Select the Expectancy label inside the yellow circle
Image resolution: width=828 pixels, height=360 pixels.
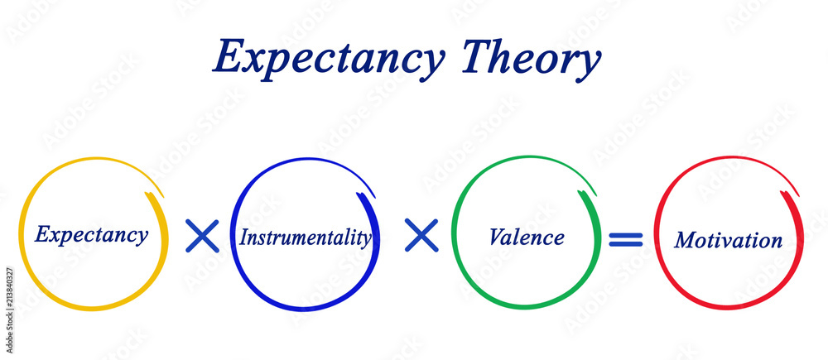pos(91,234)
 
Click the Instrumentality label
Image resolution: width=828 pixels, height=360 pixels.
pos(305,238)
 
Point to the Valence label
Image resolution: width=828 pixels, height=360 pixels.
pos(527,238)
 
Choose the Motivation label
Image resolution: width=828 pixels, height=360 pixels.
pos(728,240)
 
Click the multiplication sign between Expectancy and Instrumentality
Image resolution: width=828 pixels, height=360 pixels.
pos(201,237)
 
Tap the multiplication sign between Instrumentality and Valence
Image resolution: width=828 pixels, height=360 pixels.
pos(421,237)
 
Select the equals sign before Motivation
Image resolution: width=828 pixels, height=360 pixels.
pos(626,239)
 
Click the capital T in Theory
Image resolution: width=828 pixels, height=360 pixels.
pos(479,56)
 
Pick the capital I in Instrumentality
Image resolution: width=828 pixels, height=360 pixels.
pos(243,238)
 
